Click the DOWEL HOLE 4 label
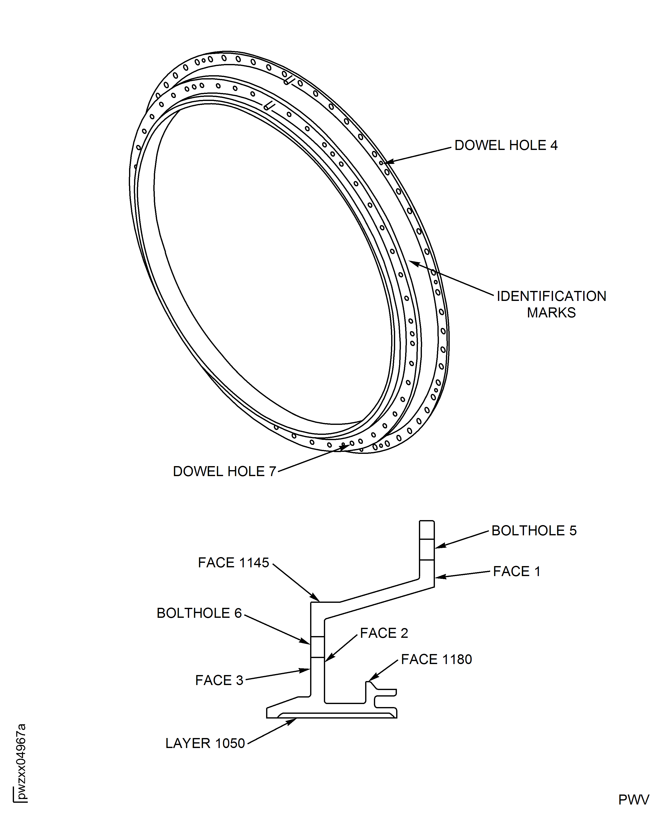(506, 145)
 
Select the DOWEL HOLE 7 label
(224, 471)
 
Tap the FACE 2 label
(384, 633)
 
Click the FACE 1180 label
(436, 659)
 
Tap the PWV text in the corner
(633, 800)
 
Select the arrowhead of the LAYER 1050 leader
(294, 720)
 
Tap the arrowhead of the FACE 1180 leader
(370, 680)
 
